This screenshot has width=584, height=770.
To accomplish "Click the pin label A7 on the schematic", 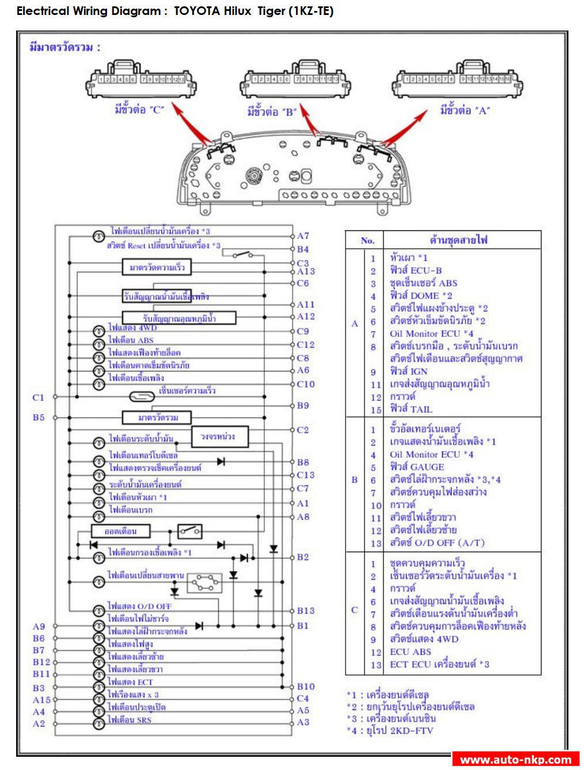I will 303,236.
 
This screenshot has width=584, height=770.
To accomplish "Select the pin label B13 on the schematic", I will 305,611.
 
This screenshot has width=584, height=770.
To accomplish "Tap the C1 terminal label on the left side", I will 38,397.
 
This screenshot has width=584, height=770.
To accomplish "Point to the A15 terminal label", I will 41,700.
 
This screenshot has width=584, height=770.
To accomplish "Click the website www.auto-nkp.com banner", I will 515,760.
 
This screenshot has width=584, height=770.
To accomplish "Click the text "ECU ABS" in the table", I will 410,652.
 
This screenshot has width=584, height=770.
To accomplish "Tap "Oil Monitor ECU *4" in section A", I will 431,333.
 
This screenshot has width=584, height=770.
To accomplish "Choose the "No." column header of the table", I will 367,241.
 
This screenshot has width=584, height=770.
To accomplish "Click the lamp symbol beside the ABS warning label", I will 99,340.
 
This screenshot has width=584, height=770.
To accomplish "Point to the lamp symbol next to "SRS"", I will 99,720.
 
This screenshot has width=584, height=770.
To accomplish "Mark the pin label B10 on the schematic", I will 305,686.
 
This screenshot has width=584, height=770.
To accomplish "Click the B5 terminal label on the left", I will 38,417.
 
